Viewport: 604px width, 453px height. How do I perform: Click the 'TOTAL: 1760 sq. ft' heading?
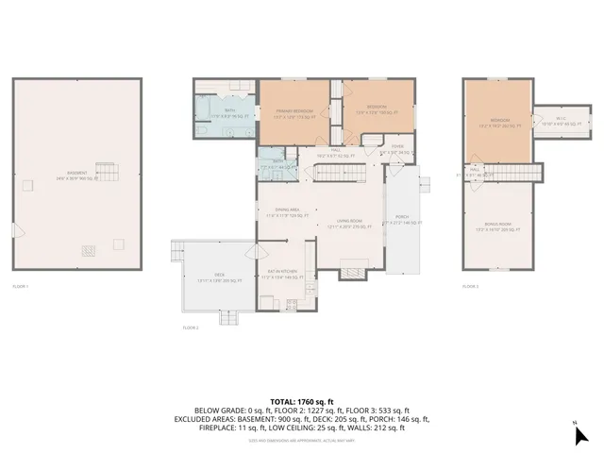tap(302, 401)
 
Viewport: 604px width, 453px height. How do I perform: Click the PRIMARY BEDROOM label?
tap(294, 112)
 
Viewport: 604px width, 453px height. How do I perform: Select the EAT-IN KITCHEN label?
tap(281, 273)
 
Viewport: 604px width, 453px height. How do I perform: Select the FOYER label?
tap(397, 149)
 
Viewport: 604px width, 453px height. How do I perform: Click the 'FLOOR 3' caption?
tap(471, 285)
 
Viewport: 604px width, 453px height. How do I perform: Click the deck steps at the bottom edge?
tap(229, 319)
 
